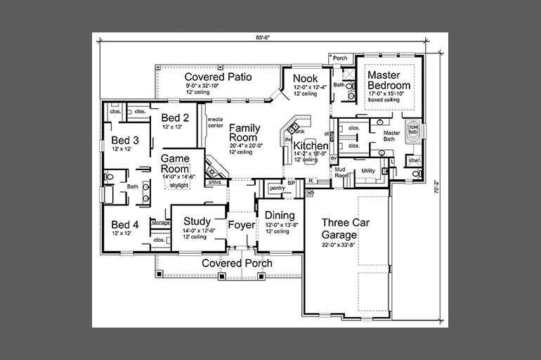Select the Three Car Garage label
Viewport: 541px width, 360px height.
tap(345, 228)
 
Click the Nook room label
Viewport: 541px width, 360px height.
tap(306, 78)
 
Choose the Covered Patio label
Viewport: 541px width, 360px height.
tap(219, 76)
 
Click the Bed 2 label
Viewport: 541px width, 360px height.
tap(175, 117)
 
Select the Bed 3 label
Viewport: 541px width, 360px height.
tap(126, 140)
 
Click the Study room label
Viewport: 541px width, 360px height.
tap(197, 221)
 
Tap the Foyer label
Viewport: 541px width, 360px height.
tap(240, 226)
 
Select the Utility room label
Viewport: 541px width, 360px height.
tap(367, 171)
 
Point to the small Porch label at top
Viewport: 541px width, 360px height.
tap(340, 58)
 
